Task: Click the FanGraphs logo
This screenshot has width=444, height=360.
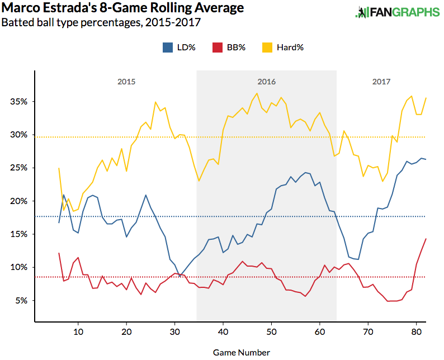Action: click(x=397, y=12)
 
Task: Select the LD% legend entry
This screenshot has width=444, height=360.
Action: click(x=179, y=48)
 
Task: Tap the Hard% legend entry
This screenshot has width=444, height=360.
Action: click(x=283, y=48)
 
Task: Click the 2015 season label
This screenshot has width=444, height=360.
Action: click(x=126, y=82)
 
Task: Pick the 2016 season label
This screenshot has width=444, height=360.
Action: click(x=267, y=82)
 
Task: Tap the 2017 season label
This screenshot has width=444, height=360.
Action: click(x=381, y=82)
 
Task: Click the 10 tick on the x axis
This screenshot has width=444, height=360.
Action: click(x=78, y=330)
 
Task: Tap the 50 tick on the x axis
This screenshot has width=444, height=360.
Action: click(x=271, y=330)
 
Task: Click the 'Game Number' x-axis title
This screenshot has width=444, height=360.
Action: click(x=242, y=352)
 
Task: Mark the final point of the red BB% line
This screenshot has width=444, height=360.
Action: click(x=426, y=239)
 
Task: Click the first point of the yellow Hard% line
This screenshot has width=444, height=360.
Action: click(x=59, y=168)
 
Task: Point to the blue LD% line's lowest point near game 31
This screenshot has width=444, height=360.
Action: click(x=180, y=276)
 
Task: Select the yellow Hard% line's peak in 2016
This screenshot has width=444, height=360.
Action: click(x=257, y=93)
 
